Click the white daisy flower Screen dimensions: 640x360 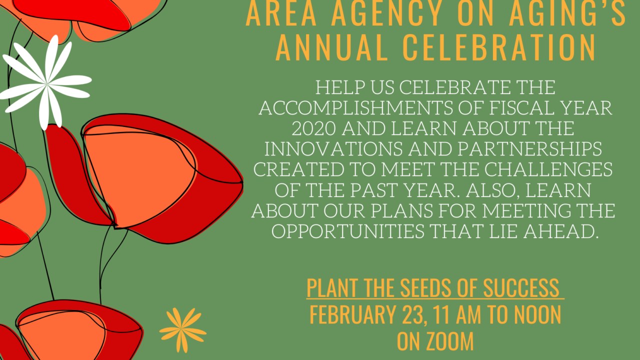[x=46, y=83]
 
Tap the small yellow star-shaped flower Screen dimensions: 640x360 [x=182, y=330]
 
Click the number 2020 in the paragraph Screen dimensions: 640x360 [x=313, y=128]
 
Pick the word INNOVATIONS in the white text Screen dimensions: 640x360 [x=333, y=149]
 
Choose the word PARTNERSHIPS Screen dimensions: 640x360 [x=530, y=149]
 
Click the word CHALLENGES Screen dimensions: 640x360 [x=548, y=169]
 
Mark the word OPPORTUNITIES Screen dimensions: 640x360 [x=347, y=231]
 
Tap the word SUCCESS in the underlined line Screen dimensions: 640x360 [x=521, y=287]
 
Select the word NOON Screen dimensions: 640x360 [x=537, y=315]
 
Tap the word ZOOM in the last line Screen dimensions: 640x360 [x=450, y=341]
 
